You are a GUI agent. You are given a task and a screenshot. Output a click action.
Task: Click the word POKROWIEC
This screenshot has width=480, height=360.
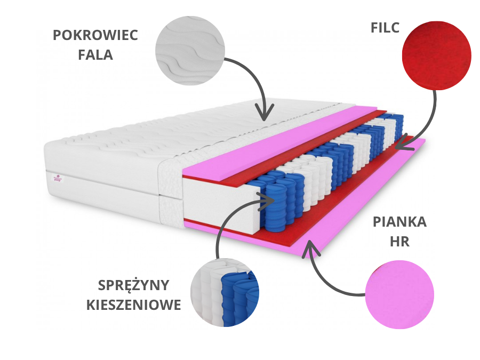[x=95, y=36]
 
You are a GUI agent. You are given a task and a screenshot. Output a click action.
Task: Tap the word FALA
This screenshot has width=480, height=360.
[x=95, y=54]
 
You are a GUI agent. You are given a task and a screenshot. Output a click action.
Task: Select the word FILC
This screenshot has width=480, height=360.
[x=385, y=28]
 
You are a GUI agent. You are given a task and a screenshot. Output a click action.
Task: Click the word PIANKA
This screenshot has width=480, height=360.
[x=399, y=222]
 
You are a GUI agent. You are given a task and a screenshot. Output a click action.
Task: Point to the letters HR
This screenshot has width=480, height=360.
[x=399, y=241]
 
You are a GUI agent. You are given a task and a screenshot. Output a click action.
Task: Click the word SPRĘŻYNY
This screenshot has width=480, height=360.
[x=134, y=285]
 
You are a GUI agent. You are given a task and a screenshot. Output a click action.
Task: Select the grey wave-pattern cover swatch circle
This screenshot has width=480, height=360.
[x=189, y=50]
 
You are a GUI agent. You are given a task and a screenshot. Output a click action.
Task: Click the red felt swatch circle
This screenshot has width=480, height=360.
[x=436, y=55]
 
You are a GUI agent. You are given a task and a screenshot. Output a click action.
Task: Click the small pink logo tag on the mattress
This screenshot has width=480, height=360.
[x=57, y=179]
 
